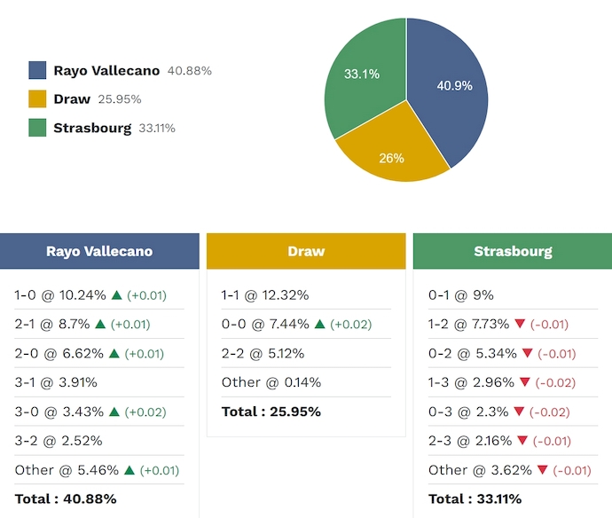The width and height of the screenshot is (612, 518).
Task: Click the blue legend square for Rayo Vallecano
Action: tap(37, 71)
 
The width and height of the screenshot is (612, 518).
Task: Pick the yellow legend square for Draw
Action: tap(37, 99)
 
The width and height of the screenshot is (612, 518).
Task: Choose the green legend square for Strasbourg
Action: tap(37, 128)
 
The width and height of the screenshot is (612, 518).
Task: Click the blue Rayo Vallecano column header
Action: tap(99, 251)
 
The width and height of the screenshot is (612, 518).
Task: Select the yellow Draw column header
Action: tap(306, 251)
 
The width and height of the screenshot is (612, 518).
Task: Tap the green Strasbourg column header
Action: tap(513, 251)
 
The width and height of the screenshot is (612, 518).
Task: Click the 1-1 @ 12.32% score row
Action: tap(265, 295)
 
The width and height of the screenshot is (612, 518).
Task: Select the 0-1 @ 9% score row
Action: tap(461, 295)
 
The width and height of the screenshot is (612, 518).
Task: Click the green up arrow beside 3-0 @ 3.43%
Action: tap(114, 412)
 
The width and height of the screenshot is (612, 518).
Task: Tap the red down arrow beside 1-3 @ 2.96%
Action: tap(525, 382)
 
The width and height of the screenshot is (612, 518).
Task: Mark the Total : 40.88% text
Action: tap(66, 498)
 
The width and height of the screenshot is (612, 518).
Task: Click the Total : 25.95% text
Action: tap(271, 412)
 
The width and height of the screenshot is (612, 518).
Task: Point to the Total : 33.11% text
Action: tap(475, 498)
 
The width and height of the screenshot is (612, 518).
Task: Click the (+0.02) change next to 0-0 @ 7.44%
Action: tap(351, 325)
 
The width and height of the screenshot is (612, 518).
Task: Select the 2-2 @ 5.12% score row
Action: tap(263, 353)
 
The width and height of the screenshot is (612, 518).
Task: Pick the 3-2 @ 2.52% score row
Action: tap(59, 441)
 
